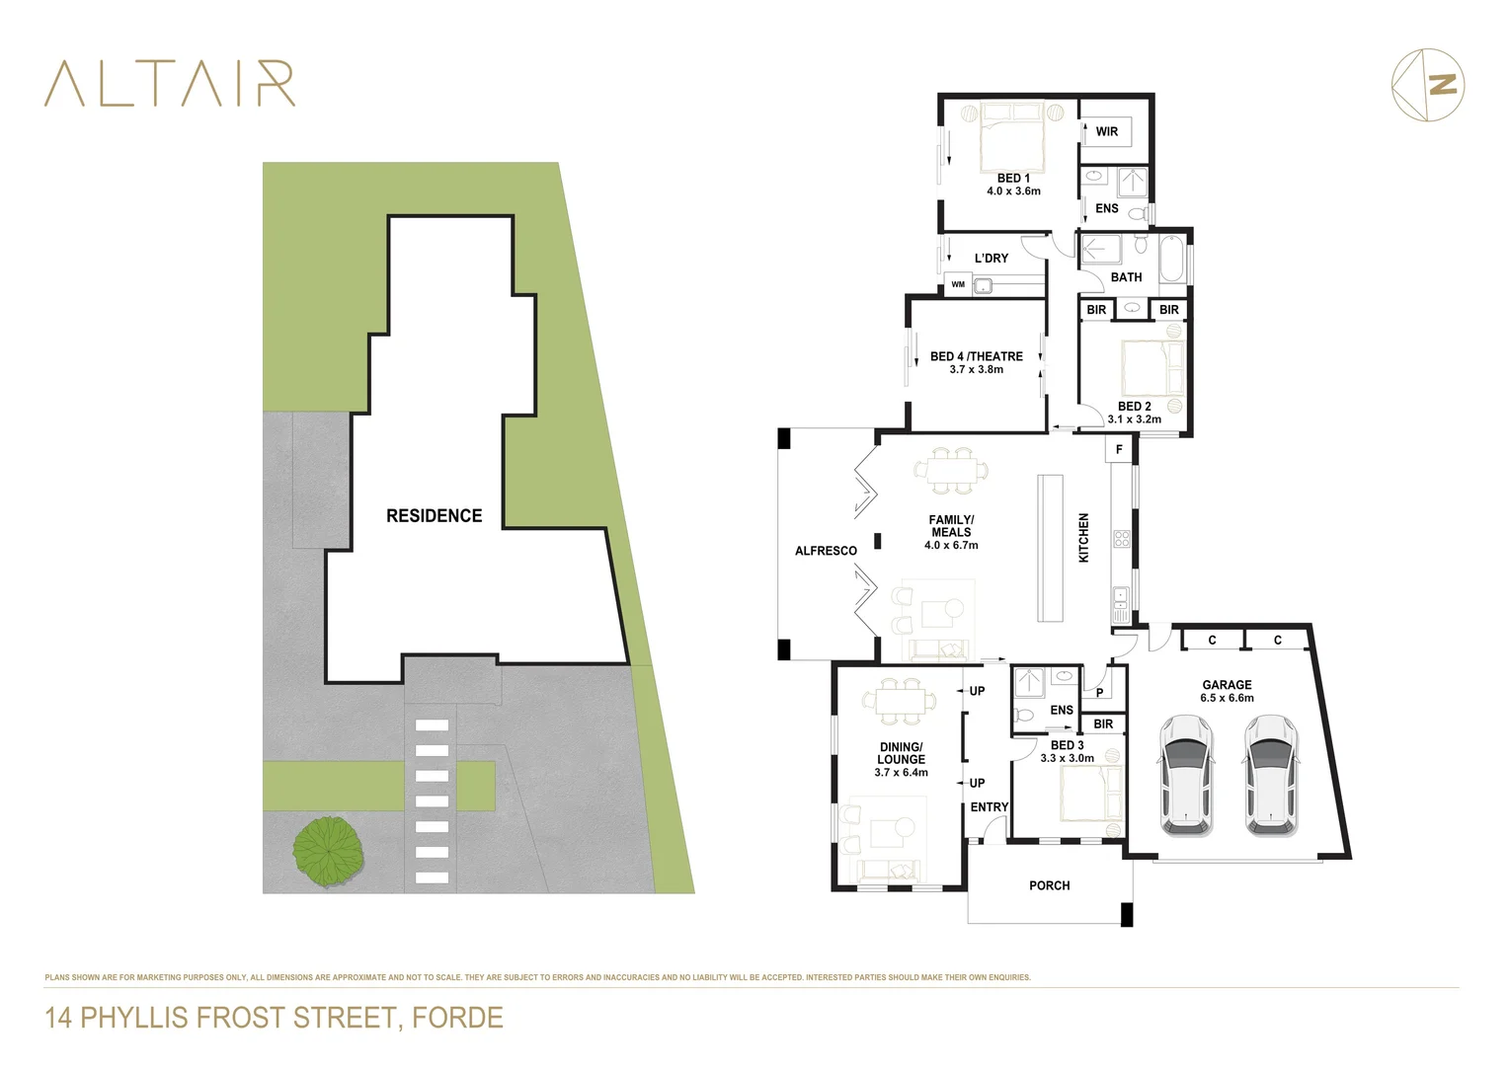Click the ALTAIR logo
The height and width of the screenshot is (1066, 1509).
click(170, 84)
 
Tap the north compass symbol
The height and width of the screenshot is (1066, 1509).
click(1428, 85)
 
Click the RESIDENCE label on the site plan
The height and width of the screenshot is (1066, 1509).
click(434, 515)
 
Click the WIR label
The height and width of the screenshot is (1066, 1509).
click(1106, 131)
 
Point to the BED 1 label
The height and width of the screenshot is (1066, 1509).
click(1013, 178)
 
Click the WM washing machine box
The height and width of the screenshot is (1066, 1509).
click(958, 284)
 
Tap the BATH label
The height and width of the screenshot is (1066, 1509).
click(1126, 277)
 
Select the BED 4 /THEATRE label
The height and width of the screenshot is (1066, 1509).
click(976, 356)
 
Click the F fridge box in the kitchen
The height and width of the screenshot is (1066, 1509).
click(1119, 449)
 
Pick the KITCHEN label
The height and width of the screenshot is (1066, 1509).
click(1083, 538)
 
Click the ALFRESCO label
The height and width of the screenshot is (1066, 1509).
click(826, 551)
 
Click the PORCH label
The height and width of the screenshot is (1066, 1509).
click(1049, 885)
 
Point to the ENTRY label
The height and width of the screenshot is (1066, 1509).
click(989, 806)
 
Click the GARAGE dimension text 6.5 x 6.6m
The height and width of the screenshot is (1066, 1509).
click(1227, 698)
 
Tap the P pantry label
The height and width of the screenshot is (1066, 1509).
click(1099, 693)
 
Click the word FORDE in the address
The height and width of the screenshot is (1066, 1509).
click(457, 1018)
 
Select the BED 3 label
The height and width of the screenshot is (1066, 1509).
click(1067, 745)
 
